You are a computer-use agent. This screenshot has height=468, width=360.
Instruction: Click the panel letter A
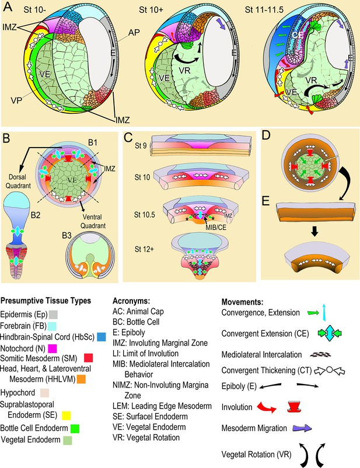click(8, 6)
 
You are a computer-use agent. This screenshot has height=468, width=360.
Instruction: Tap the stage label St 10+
click(151, 10)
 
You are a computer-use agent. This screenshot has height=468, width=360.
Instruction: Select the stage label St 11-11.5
click(264, 10)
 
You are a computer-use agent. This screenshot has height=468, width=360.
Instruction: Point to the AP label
click(134, 32)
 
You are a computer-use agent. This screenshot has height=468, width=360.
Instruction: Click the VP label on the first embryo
click(16, 100)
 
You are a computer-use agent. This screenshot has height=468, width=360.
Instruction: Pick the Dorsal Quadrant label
click(18, 181)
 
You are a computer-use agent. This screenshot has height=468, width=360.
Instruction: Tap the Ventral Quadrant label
click(93, 221)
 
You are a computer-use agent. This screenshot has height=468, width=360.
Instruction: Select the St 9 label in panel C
click(141, 146)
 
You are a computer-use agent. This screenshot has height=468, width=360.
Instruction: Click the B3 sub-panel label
click(67, 236)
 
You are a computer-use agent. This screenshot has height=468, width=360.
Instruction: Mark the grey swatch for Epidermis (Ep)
click(54, 315)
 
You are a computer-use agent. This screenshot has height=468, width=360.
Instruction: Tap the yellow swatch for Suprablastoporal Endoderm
click(67, 415)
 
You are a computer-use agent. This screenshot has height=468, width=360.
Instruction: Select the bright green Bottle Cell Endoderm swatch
click(75, 428)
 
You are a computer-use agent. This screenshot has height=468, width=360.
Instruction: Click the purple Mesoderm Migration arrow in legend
click(302, 428)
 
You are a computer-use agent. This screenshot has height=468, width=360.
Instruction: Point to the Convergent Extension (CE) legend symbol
click(330, 333)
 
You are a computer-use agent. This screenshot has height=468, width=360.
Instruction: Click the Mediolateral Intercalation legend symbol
click(321, 355)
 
